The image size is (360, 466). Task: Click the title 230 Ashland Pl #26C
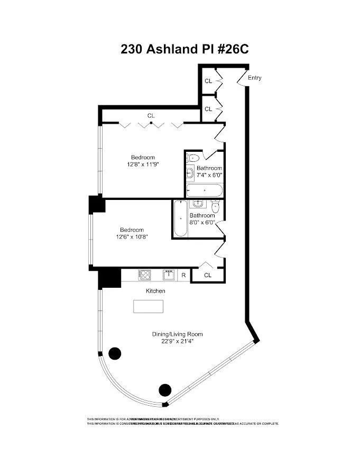[x=184, y=49]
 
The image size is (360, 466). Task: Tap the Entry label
[x=254, y=78]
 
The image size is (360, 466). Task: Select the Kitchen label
[x=155, y=291]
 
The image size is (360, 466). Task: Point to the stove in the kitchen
[x=144, y=275]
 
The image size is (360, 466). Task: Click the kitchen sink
[x=169, y=275]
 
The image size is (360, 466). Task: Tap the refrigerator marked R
[x=183, y=275]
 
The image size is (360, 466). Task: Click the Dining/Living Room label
[x=177, y=334]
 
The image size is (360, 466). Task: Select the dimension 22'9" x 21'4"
[x=177, y=341]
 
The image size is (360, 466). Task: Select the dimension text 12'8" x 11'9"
[x=143, y=165]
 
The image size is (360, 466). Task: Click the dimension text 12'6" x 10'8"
[x=132, y=237]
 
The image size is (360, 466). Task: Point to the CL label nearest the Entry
[x=208, y=81]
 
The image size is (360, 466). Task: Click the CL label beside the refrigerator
[x=207, y=275]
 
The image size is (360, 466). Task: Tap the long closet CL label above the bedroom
[x=151, y=115]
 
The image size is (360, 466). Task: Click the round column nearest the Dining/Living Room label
[x=114, y=353]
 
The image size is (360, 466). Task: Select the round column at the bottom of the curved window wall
[x=165, y=390]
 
